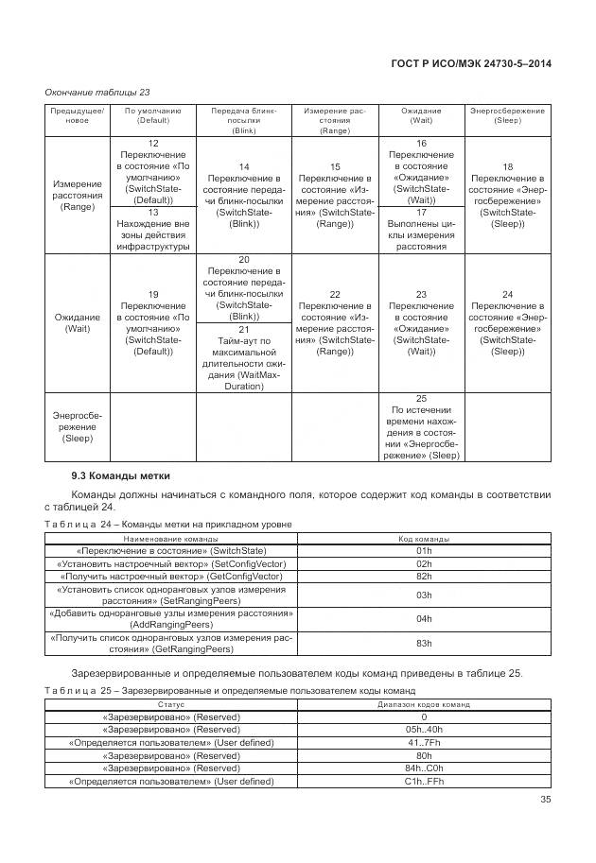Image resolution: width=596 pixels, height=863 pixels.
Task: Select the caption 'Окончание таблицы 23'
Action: [x=97, y=92]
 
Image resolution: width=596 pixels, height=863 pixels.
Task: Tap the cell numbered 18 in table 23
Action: [x=507, y=195]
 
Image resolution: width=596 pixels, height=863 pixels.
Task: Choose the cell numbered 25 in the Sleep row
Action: [x=421, y=427]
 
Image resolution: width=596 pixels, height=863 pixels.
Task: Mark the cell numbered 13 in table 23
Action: [x=152, y=230]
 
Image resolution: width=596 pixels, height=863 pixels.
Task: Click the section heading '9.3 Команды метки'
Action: [x=114, y=475]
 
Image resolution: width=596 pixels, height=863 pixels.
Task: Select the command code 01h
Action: [x=423, y=550]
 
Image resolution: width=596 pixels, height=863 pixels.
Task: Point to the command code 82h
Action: [x=423, y=576]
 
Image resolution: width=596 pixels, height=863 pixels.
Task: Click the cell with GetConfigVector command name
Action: [x=171, y=576]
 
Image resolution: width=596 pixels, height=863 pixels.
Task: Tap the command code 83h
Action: [x=423, y=644]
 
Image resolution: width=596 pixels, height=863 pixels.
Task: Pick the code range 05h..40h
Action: [x=423, y=730]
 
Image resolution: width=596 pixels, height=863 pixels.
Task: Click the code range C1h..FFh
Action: [x=423, y=782]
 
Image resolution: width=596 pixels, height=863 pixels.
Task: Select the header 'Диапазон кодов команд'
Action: [x=423, y=704]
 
